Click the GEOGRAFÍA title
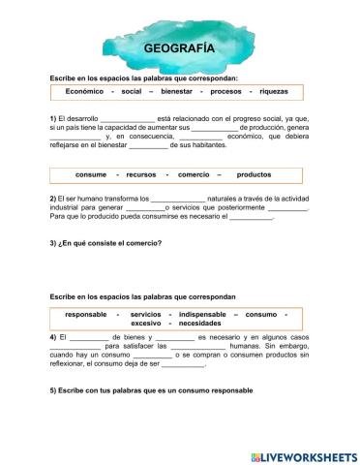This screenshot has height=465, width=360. tap(179, 47)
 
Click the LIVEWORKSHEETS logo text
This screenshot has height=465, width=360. tap(302, 454)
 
